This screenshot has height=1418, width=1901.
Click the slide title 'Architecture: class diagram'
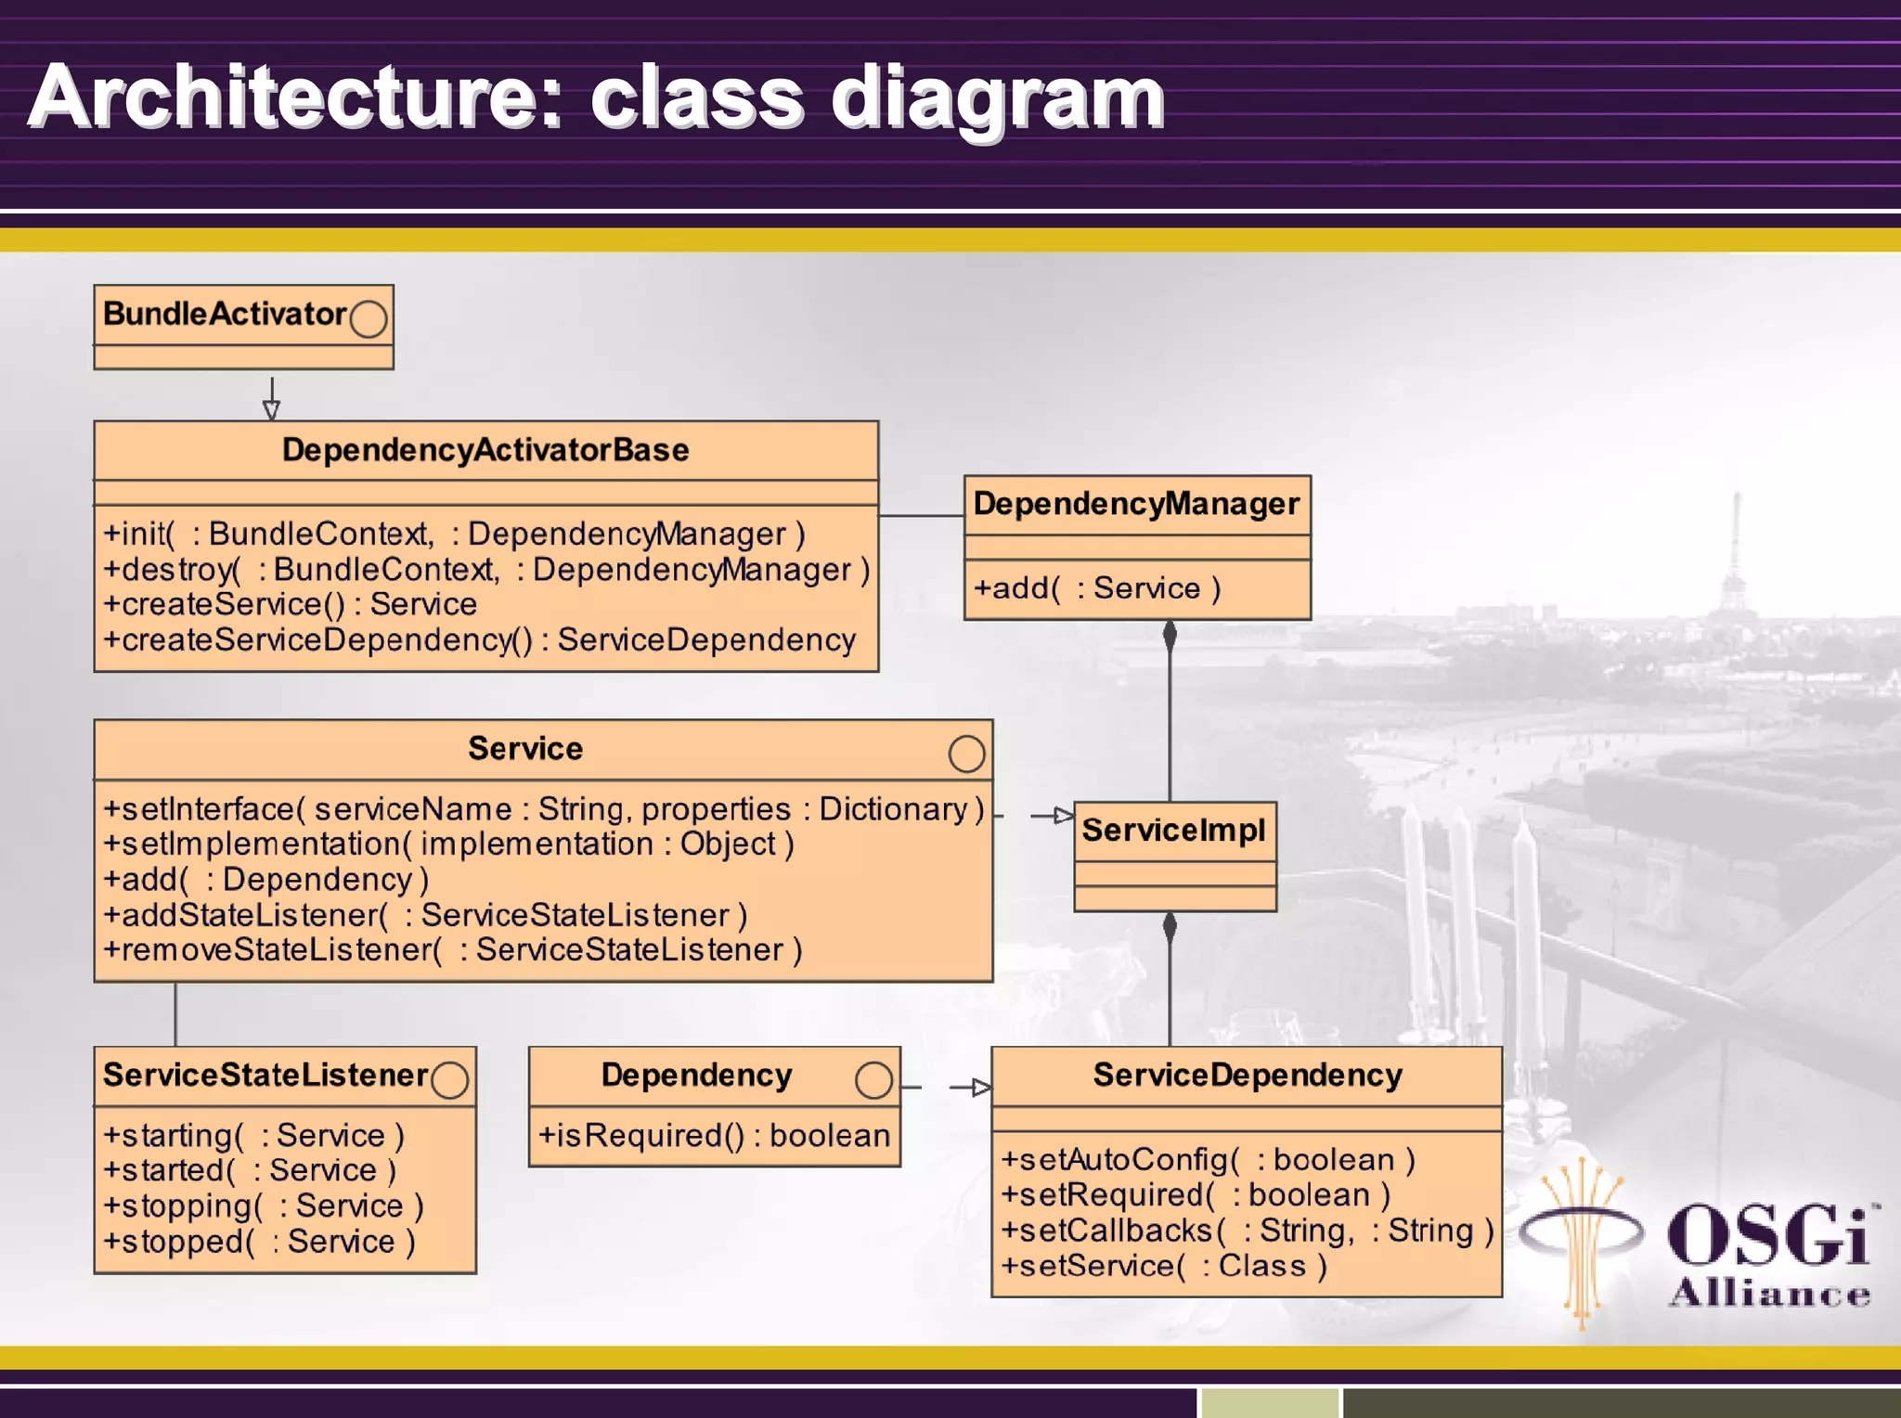click(x=596, y=98)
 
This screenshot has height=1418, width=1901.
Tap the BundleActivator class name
click(x=225, y=314)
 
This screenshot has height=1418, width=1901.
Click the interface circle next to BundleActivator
click(x=369, y=318)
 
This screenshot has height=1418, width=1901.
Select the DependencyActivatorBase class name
click(x=485, y=450)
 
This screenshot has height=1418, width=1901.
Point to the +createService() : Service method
click(x=290, y=604)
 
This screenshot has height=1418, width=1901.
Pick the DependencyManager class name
click(x=1136, y=504)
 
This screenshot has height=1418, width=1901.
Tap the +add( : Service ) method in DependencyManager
click(x=1096, y=588)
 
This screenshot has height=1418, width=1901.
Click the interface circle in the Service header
click(x=966, y=754)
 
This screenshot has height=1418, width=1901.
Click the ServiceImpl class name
click(x=1173, y=830)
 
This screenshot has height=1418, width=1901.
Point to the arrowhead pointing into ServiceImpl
click(x=1064, y=816)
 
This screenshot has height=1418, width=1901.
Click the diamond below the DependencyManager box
click(x=1170, y=636)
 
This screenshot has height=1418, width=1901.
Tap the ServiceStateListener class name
click(x=265, y=1075)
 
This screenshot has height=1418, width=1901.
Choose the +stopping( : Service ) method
click(x=263, y=1205)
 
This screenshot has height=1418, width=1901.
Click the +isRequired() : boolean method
click(x=714, y=1135)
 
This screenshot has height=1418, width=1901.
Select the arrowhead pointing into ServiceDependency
click(x=981, y=1087)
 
